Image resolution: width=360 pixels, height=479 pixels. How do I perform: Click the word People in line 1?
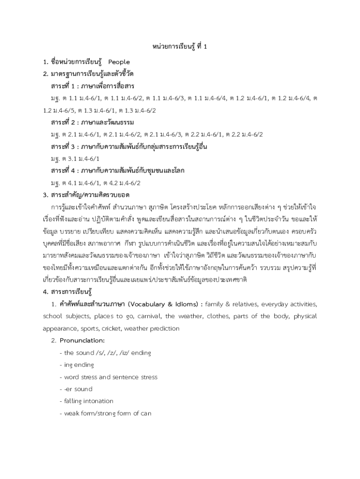[119, 62]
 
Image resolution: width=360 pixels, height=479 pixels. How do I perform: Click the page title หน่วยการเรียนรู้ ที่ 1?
[180, 46]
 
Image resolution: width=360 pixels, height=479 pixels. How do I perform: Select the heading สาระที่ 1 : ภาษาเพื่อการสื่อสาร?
[93, 86]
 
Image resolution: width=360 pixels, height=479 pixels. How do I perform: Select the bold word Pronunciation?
[82, 340]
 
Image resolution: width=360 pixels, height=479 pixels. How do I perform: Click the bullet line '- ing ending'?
[77, 364]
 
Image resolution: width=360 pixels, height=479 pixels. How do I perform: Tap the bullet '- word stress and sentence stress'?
[108, 377]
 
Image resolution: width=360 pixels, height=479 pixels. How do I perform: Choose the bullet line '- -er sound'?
[76, 389]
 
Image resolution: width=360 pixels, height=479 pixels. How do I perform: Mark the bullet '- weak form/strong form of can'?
[106, 413]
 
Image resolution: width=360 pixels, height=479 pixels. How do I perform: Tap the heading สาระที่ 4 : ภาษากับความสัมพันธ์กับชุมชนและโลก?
[118, 171]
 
